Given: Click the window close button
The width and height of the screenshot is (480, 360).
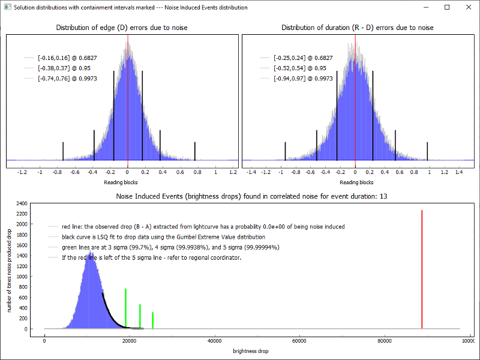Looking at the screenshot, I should coord(467,7).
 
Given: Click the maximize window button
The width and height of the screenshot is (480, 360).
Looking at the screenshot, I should coord(447,7).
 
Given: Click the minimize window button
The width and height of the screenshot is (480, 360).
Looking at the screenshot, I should coord(427,7).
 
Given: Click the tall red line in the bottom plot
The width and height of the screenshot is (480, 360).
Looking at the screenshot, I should coord(422,270).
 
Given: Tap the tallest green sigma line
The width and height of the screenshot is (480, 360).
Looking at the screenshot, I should coord(125,307).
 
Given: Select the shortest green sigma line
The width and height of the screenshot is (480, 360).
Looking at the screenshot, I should coord(153,320).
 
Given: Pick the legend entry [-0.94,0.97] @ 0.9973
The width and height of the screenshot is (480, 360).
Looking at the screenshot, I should coord(303,79).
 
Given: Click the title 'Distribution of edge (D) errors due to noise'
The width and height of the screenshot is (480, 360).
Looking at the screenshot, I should coord(123,28).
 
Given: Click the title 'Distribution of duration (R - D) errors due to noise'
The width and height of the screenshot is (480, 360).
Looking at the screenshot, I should coord(357,28).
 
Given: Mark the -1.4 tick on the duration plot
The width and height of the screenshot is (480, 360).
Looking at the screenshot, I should coord(252,172).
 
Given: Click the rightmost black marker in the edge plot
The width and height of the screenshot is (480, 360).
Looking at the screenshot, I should coord(195,151).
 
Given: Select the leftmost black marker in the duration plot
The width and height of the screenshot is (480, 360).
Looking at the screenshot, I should coord(285,151).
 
